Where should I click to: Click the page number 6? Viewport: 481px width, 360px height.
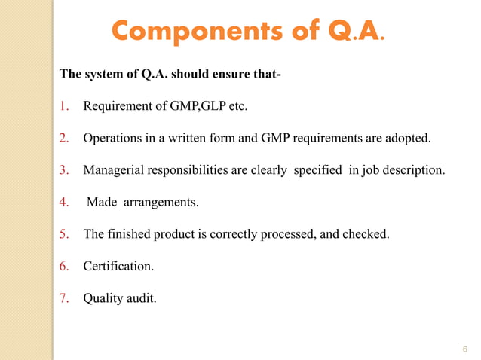[464, 349]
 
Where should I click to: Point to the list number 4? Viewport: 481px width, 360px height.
[64, 202]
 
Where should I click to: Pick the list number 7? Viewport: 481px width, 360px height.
[64, 299]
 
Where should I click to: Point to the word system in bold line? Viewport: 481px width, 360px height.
[101, 75]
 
